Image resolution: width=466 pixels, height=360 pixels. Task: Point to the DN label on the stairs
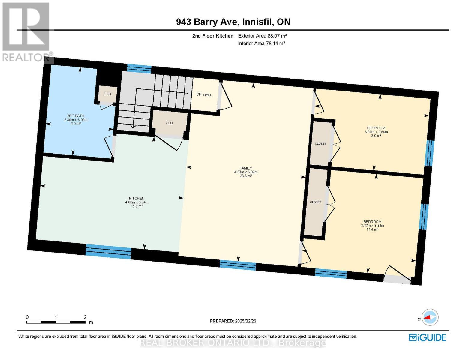[x=199, y=94]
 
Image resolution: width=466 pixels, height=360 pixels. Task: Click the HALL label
[x=208, y=95]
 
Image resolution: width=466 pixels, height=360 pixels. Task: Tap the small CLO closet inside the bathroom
[x=107, y=94]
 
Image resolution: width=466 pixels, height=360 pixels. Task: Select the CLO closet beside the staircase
[x=169, y=123]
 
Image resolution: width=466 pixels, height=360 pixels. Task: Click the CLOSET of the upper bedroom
[x=320, y=144]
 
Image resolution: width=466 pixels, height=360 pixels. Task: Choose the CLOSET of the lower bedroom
[x=315, y=202]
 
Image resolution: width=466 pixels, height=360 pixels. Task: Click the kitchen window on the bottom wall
[x=108, y=251]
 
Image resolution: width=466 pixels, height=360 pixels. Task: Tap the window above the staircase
[x=139, y=69]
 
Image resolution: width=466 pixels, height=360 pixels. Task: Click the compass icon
[x=430, y=317]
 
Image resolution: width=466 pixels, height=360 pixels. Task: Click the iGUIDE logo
[x=428, y=337]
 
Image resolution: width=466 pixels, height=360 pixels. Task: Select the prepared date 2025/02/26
[x=233, y=321]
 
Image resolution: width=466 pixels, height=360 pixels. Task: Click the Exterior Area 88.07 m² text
[x=262, y=36]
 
